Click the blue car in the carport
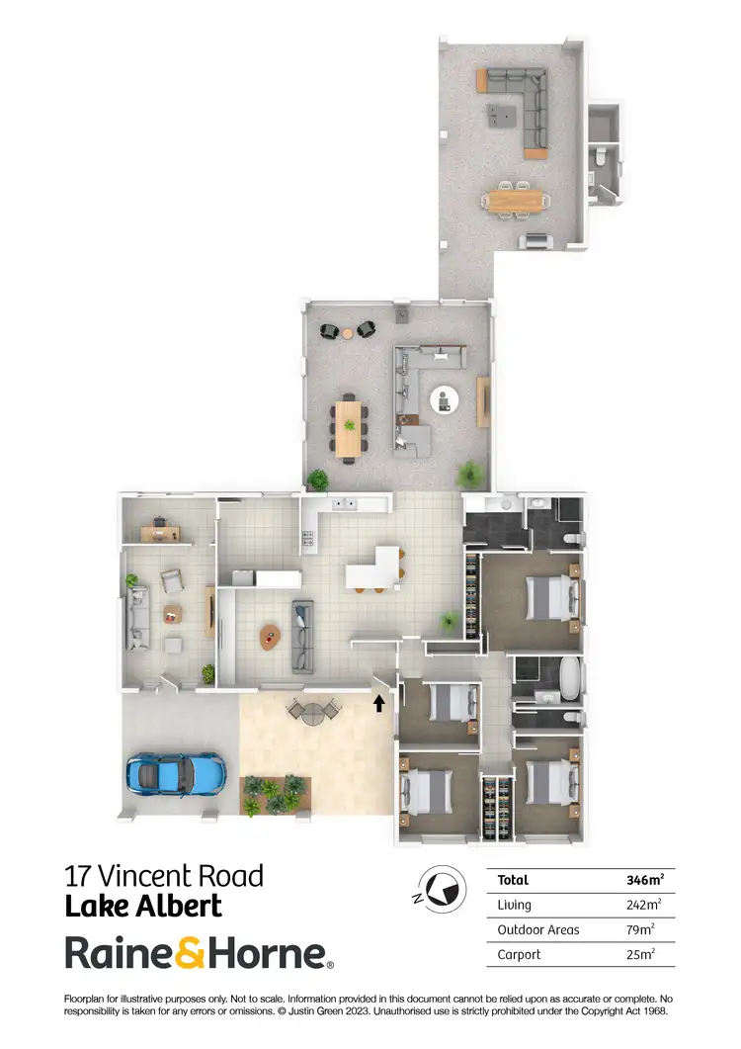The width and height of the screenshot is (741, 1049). click(x=175, y=773)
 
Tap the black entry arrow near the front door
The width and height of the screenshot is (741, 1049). click(x=378, y=703)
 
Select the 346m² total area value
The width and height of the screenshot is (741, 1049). click(x=644, y=880)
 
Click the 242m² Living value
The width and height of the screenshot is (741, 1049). click(x=644, y=905)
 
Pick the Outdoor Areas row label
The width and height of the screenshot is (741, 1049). click(x=538, y=929)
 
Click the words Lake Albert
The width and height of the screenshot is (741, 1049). click(x=143, y=906)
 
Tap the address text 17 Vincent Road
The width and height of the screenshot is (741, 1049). click(x=164, y=876)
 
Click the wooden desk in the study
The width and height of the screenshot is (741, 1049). click(x=160, y=533)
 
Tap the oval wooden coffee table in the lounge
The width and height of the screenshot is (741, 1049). click(x=269, y=637)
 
